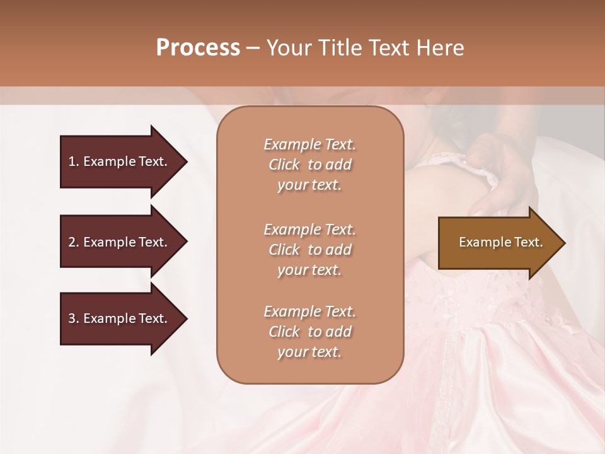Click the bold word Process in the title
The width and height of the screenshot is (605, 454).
(198, 48)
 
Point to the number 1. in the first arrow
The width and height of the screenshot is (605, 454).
(73, 161)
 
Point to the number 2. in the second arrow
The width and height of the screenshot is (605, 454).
(73, 242)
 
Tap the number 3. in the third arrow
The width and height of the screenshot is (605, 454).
(73, 318)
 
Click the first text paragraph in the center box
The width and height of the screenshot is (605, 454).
(309, 165)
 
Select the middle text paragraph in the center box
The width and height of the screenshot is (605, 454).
(309, 250)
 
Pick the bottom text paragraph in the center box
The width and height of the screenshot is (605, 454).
(309, 332)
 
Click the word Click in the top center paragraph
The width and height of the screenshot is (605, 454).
(284, 165)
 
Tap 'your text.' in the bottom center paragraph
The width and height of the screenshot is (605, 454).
(309, 352)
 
